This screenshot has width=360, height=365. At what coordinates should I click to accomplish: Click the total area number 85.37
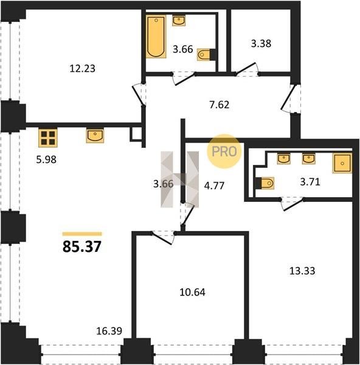coord(82,246)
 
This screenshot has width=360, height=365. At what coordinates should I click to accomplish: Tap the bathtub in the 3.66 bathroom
coord(156,36)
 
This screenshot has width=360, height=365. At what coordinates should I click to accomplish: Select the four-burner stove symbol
coord(48,138)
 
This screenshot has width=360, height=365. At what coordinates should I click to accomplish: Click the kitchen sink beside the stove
coord(95,136)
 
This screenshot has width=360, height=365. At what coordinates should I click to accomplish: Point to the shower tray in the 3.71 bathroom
coord(342,163)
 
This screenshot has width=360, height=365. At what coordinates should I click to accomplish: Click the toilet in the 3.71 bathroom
coord(265,183)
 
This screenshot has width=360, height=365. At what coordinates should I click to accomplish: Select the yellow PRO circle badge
coord(224,151)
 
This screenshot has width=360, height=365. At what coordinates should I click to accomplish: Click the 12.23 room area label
coord(82,69)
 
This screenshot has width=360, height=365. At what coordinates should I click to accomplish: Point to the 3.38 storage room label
coord(261,44)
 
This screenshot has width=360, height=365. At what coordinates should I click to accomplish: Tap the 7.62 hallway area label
coord(219,105)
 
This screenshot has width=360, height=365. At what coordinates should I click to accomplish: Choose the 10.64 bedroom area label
coord(192,292)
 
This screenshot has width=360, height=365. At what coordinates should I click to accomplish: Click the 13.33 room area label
coord(302,271)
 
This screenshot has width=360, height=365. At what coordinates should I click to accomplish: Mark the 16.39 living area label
coord(109,331)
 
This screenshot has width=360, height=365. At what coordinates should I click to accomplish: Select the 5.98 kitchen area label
coord(46,159)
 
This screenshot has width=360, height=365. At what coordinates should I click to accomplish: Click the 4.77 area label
coord(214,186)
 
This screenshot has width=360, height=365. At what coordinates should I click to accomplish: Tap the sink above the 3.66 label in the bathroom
coord(179,21)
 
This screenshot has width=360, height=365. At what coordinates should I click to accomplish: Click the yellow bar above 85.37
coord(82,234)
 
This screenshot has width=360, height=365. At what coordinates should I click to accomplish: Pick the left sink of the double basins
coord(283,159)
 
